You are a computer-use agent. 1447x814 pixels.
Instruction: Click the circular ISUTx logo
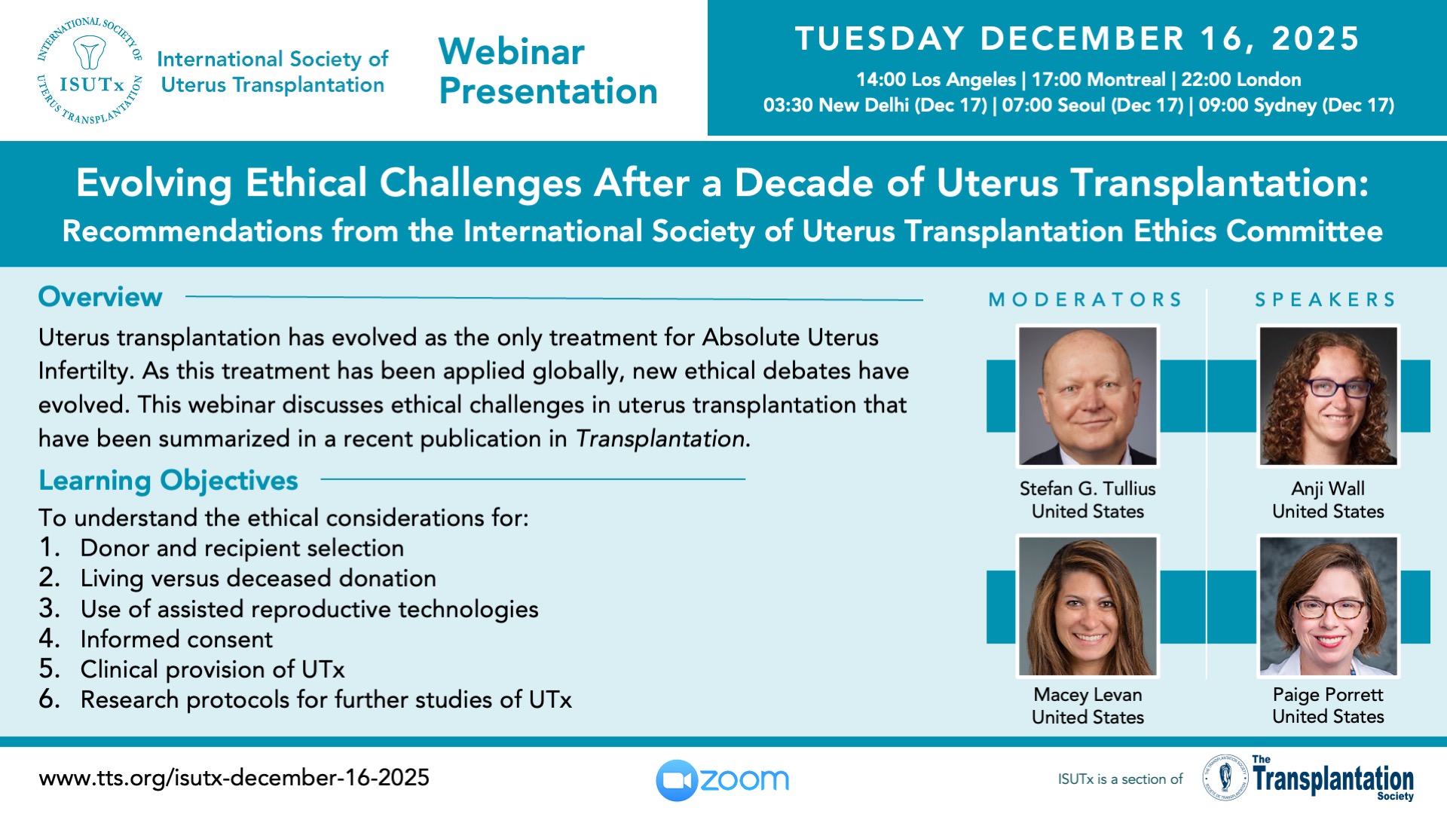90,70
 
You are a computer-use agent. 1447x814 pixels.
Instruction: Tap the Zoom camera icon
677,780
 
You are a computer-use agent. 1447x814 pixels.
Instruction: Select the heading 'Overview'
100,297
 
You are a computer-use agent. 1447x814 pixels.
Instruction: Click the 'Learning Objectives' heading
168,480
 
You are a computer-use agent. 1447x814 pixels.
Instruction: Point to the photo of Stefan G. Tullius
1087,396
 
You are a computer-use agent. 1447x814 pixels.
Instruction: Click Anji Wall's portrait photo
1328,396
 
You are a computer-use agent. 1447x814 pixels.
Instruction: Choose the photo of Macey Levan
1087,606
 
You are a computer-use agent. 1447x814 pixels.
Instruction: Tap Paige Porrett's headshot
1328,606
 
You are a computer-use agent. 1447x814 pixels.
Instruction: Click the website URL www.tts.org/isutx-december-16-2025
234,778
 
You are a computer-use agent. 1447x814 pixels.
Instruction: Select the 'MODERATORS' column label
1085,300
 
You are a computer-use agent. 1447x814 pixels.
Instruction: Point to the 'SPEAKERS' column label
1326,300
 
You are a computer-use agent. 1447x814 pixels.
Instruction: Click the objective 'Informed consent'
176,639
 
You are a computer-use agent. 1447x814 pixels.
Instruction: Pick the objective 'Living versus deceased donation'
258,578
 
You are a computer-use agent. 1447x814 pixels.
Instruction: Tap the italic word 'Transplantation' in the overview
660,439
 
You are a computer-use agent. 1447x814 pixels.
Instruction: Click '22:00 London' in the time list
1241,80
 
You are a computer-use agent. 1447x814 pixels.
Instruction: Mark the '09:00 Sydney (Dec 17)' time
1296,106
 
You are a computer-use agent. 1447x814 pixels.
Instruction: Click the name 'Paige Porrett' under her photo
1328,694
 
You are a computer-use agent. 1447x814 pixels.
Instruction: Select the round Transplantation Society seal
1225,778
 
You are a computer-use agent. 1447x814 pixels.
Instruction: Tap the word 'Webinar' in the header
511,52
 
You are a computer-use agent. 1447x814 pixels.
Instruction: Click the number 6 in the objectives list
48,699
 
